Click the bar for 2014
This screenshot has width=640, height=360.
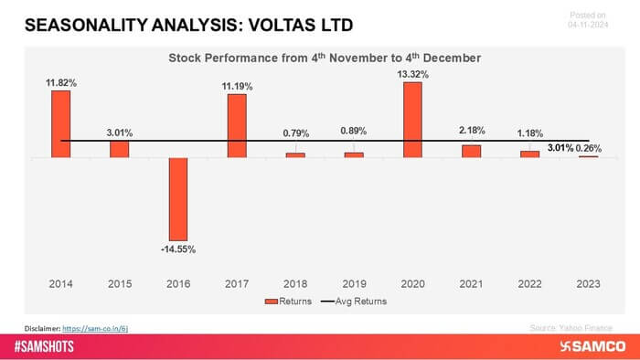[60, 123]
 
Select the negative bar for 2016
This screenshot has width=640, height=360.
[177, 198]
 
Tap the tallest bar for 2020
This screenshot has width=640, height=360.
[412, 120]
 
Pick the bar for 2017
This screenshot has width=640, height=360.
[237, 125]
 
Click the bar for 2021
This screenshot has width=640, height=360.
[471, 151]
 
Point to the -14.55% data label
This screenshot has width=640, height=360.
[177, 249]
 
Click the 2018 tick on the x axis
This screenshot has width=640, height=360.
[295, 284]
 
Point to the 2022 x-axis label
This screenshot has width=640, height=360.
[529, 284]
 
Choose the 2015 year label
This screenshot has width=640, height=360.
[119, 284]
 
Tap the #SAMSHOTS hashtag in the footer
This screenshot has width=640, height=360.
[48, 347]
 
